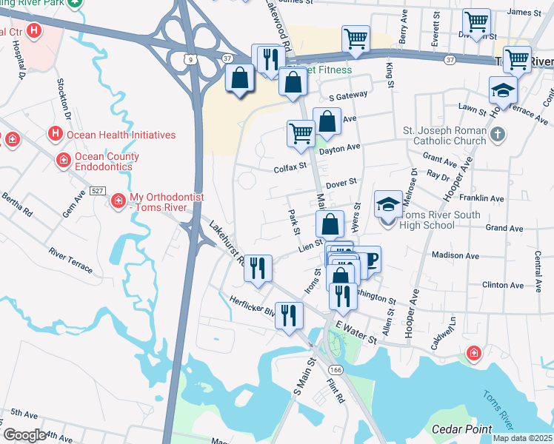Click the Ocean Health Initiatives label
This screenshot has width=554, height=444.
[121, 135]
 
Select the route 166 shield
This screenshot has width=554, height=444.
[337, 369]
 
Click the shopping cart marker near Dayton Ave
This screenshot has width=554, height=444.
[301, 133]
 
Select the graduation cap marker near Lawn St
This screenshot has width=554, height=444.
[503, 90]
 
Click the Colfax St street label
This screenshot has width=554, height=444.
[290, 167]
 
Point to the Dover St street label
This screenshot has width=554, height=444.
[341, 181]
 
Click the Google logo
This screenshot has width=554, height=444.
[24, 435]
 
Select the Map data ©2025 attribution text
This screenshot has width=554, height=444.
[522, 438]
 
